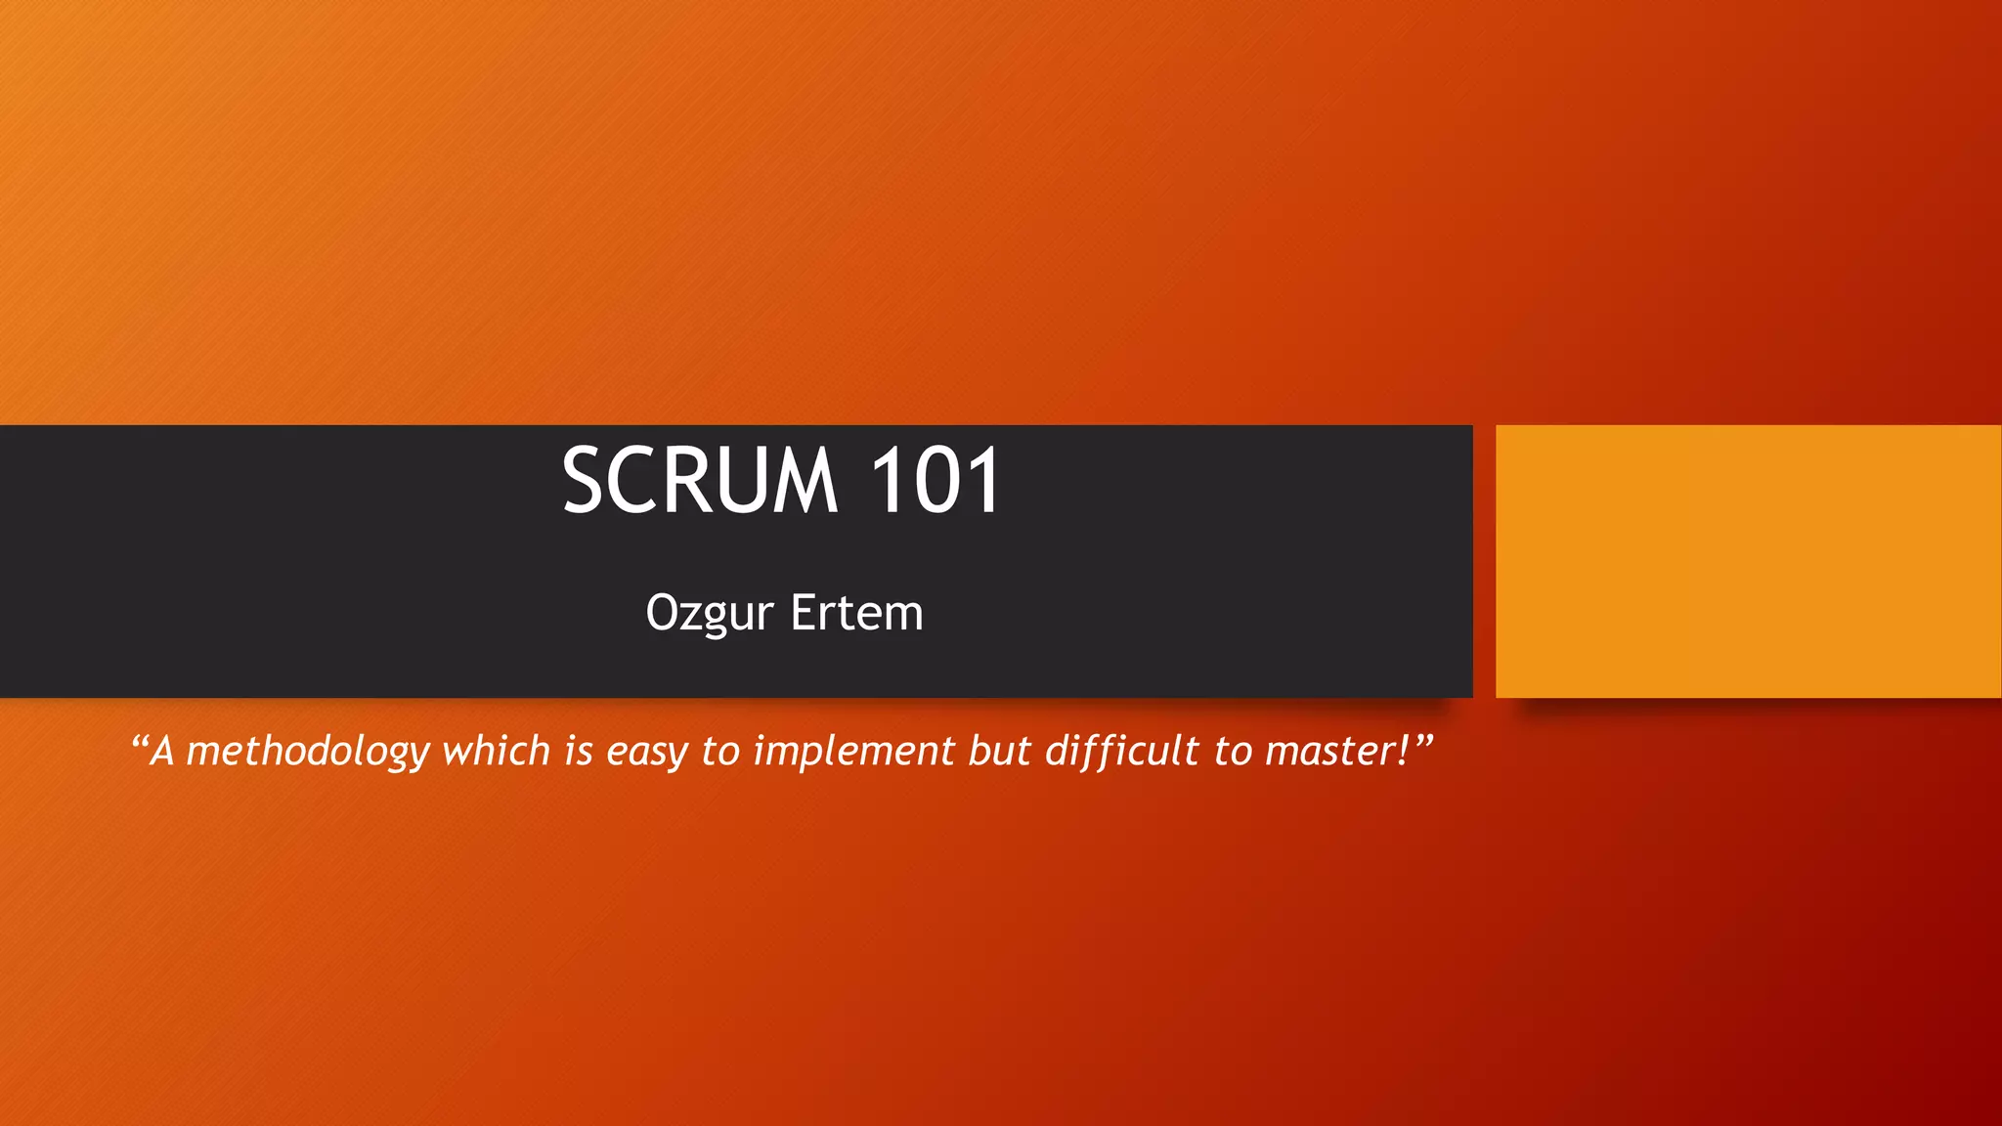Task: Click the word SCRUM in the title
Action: tap(700, 480)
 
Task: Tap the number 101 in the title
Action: tap(935, 480)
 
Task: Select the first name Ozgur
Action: tap(710, 614)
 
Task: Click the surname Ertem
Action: tap(856, 613)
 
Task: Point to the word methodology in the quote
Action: tap(308, 752)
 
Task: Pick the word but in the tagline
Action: tap(999, 751)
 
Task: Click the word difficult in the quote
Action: tap(1122, 751)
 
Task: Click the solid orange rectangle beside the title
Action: tap(1748, 561)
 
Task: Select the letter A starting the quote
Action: tap(162, 751)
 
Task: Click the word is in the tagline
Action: tap(579, 751)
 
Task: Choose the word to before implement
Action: tap(720, 751)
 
